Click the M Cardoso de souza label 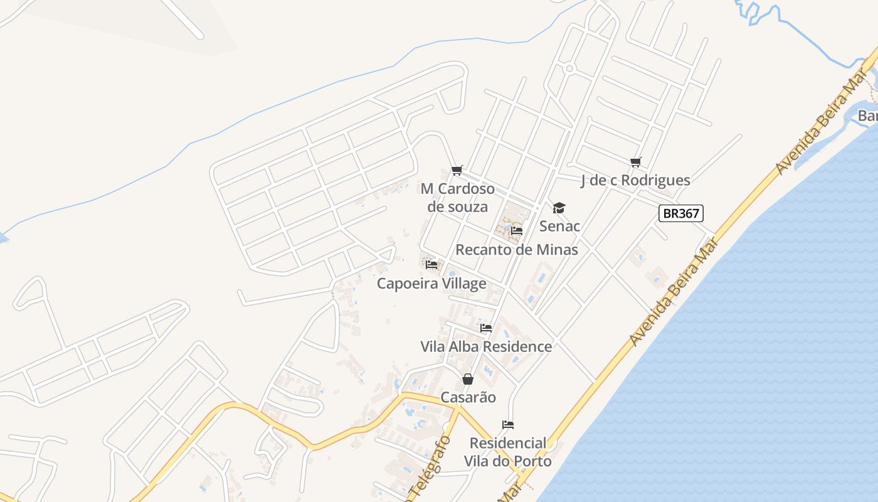pos(457,198)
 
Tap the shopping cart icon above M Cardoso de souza pos(457,171)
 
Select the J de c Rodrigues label pos(635,181)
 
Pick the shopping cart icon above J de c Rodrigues pos(636,163)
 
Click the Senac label pos(559,226)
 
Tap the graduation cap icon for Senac pos(559,208)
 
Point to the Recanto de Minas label pos(516,250)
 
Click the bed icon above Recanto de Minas pos(517,231)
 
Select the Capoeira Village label pos(431,284)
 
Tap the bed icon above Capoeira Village pos(431,265)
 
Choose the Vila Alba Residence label pos(486,346)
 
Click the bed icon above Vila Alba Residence pos(486,328)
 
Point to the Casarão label pos(468,397)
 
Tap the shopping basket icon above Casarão pos(468,379)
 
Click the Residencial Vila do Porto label pos(508,452)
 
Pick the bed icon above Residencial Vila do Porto pos(508,425)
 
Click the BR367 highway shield pos(681,213)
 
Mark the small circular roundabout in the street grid pos(569,68)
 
